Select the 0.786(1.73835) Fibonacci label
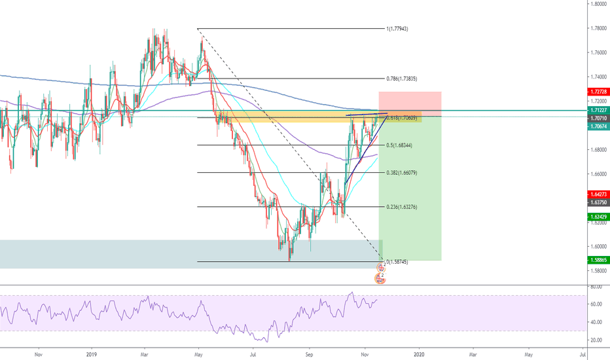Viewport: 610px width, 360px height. point(403,78)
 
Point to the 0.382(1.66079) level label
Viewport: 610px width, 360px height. point(401,173)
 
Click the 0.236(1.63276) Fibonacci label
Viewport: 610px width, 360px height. point(401,207)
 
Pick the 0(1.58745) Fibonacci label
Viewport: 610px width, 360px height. point(398,262)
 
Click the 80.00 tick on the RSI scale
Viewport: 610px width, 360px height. point(596,287)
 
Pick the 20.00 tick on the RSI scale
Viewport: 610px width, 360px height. point(596,340)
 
